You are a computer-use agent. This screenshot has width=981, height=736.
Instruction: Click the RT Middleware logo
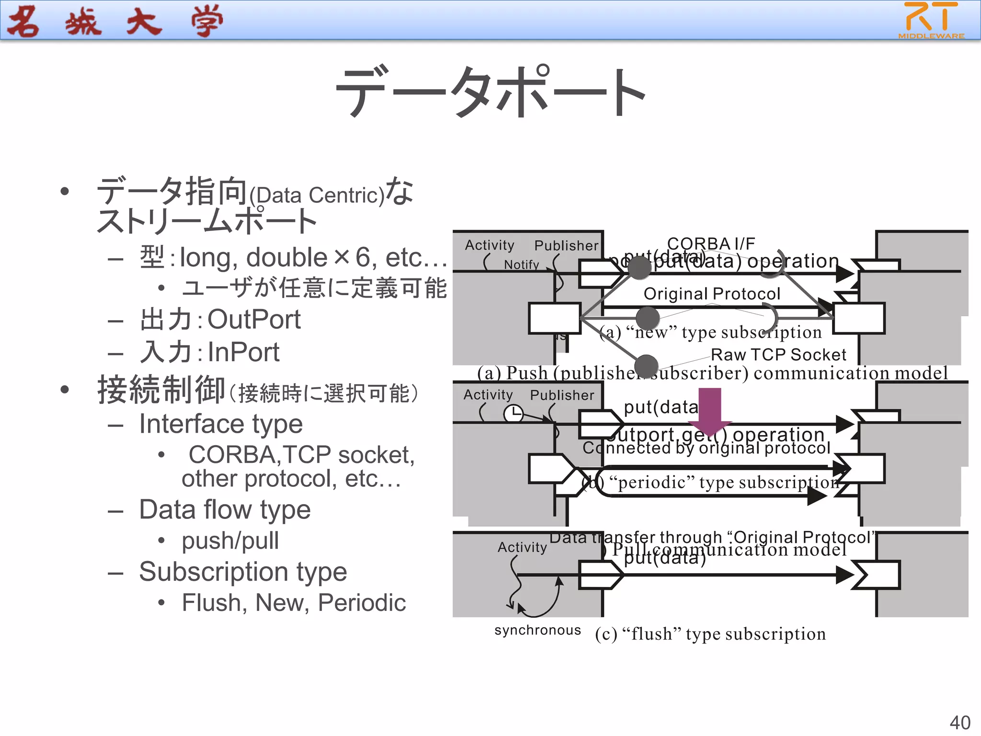pos(931,20)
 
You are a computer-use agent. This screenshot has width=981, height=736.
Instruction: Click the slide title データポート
pos(490,91)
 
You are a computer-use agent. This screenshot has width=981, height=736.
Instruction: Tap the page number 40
pos(959,722)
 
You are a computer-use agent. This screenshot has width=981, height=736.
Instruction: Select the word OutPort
pos(254,319)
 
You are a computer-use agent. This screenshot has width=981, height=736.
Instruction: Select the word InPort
pos(243,352)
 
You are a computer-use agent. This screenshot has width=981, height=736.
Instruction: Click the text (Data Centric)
pos(317,195)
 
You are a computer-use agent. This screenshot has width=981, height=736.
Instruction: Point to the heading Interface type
pos(221,424)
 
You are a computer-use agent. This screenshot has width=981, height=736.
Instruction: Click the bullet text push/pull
pos(230,540)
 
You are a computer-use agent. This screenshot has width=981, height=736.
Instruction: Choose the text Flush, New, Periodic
pos(294,602)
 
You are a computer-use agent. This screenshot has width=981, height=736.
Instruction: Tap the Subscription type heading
pos(243,572)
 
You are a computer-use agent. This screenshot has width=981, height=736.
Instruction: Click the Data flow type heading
pos(225,509)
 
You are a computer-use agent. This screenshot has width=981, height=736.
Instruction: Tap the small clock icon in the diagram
pos(513,413)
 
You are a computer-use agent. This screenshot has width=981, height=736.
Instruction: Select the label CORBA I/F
pos(711,243)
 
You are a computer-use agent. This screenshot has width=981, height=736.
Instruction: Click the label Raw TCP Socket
pos(778,355)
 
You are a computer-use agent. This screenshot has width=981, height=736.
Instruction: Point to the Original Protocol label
pos(712,294)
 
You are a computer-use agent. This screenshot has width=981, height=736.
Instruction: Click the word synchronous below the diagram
pos(537,630)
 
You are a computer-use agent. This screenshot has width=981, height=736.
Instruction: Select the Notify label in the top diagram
pos(521,264)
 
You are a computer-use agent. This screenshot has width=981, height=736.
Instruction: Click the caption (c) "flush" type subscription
pos(710,634)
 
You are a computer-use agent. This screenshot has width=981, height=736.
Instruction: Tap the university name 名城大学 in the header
pos(115,22)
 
